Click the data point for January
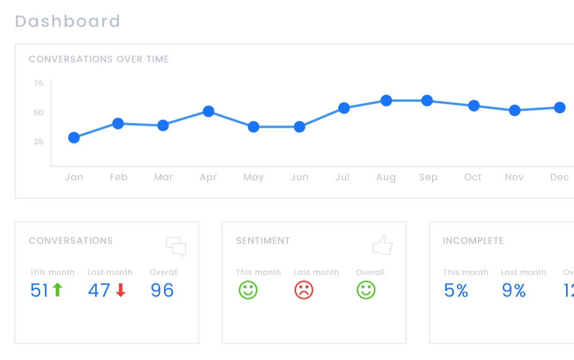tap(74, 137)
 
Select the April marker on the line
tap(209, 112)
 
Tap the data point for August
tap(386, 100)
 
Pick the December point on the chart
tap(559, 108)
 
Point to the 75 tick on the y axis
tap(38, 83)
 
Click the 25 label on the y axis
tap(38, 142)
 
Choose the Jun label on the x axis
tap(299, 177)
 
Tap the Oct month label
tap(473, 177)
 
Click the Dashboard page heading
tap(68, 22)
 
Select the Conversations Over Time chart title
tap(99, 59)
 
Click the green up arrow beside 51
tap(57, 290)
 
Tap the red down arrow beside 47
tap(121, 291)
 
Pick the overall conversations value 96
tap(162, 291)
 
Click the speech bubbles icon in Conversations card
tap(176, 247)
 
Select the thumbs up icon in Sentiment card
tap(382, 245)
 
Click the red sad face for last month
tap(304, 290)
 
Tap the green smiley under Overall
tap(366, 290)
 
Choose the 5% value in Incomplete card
tap(456, 291)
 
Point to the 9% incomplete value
tap(514, 291)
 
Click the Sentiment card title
tap(263, 241)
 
